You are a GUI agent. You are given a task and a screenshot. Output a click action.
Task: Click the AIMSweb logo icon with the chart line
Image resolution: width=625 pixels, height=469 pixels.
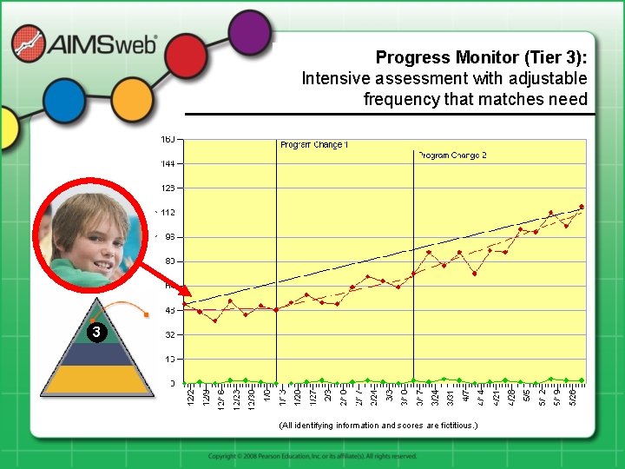coord(30,44)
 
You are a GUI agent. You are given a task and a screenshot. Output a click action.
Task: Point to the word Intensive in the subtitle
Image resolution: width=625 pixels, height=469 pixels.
coord(335,78)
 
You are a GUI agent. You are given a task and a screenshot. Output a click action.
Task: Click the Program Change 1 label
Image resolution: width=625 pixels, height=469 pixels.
coord(314,144)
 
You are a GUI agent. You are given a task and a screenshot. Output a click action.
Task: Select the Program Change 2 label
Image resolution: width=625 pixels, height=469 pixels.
coord(452,155)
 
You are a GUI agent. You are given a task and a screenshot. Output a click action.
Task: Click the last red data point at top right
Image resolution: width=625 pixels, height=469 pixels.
coord(582,207)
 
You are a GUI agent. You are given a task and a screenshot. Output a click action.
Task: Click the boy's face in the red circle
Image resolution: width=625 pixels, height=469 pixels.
coord(89,233)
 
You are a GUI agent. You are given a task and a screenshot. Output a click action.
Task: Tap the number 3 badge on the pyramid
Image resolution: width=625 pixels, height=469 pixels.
coord(97,332)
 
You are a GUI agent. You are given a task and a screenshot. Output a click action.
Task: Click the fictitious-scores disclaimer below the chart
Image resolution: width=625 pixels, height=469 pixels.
coord(378,426)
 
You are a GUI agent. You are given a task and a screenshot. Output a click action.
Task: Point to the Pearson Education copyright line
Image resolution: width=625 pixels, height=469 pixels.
coord(312,456)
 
